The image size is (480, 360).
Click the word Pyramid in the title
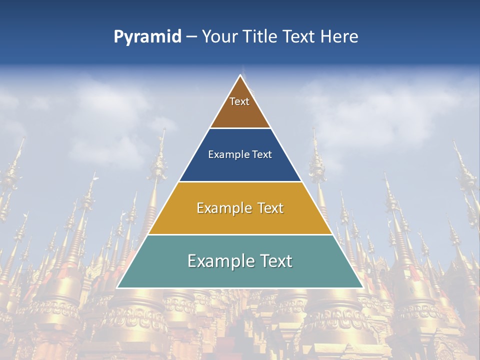click(x=147, y=37)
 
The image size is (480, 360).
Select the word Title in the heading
click(x=262, y=36)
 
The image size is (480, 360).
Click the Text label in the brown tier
click(x=239, y=101)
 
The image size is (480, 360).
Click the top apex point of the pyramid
click(x=240, y=75)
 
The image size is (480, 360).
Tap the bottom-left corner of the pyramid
click(x=117, y=287)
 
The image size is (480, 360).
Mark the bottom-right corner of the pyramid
click(x=362, y=287)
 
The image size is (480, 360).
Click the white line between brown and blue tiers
click(x=240, y=128)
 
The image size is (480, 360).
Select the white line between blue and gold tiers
click(x=240, y=181)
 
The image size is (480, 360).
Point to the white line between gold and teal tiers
click(x=240, y=234)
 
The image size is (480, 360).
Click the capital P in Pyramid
click(x=118, y=37)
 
